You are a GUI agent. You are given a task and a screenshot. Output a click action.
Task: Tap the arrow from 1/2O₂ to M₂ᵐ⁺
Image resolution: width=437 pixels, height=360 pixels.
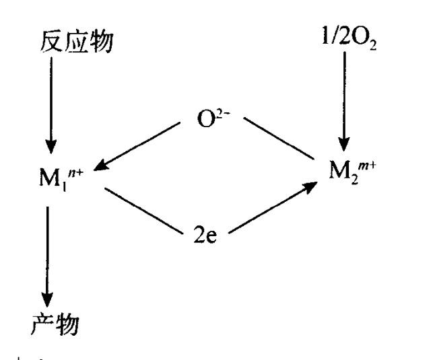[344, 101]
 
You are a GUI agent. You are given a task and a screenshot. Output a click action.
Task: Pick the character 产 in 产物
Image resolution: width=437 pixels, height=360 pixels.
[42, 324]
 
